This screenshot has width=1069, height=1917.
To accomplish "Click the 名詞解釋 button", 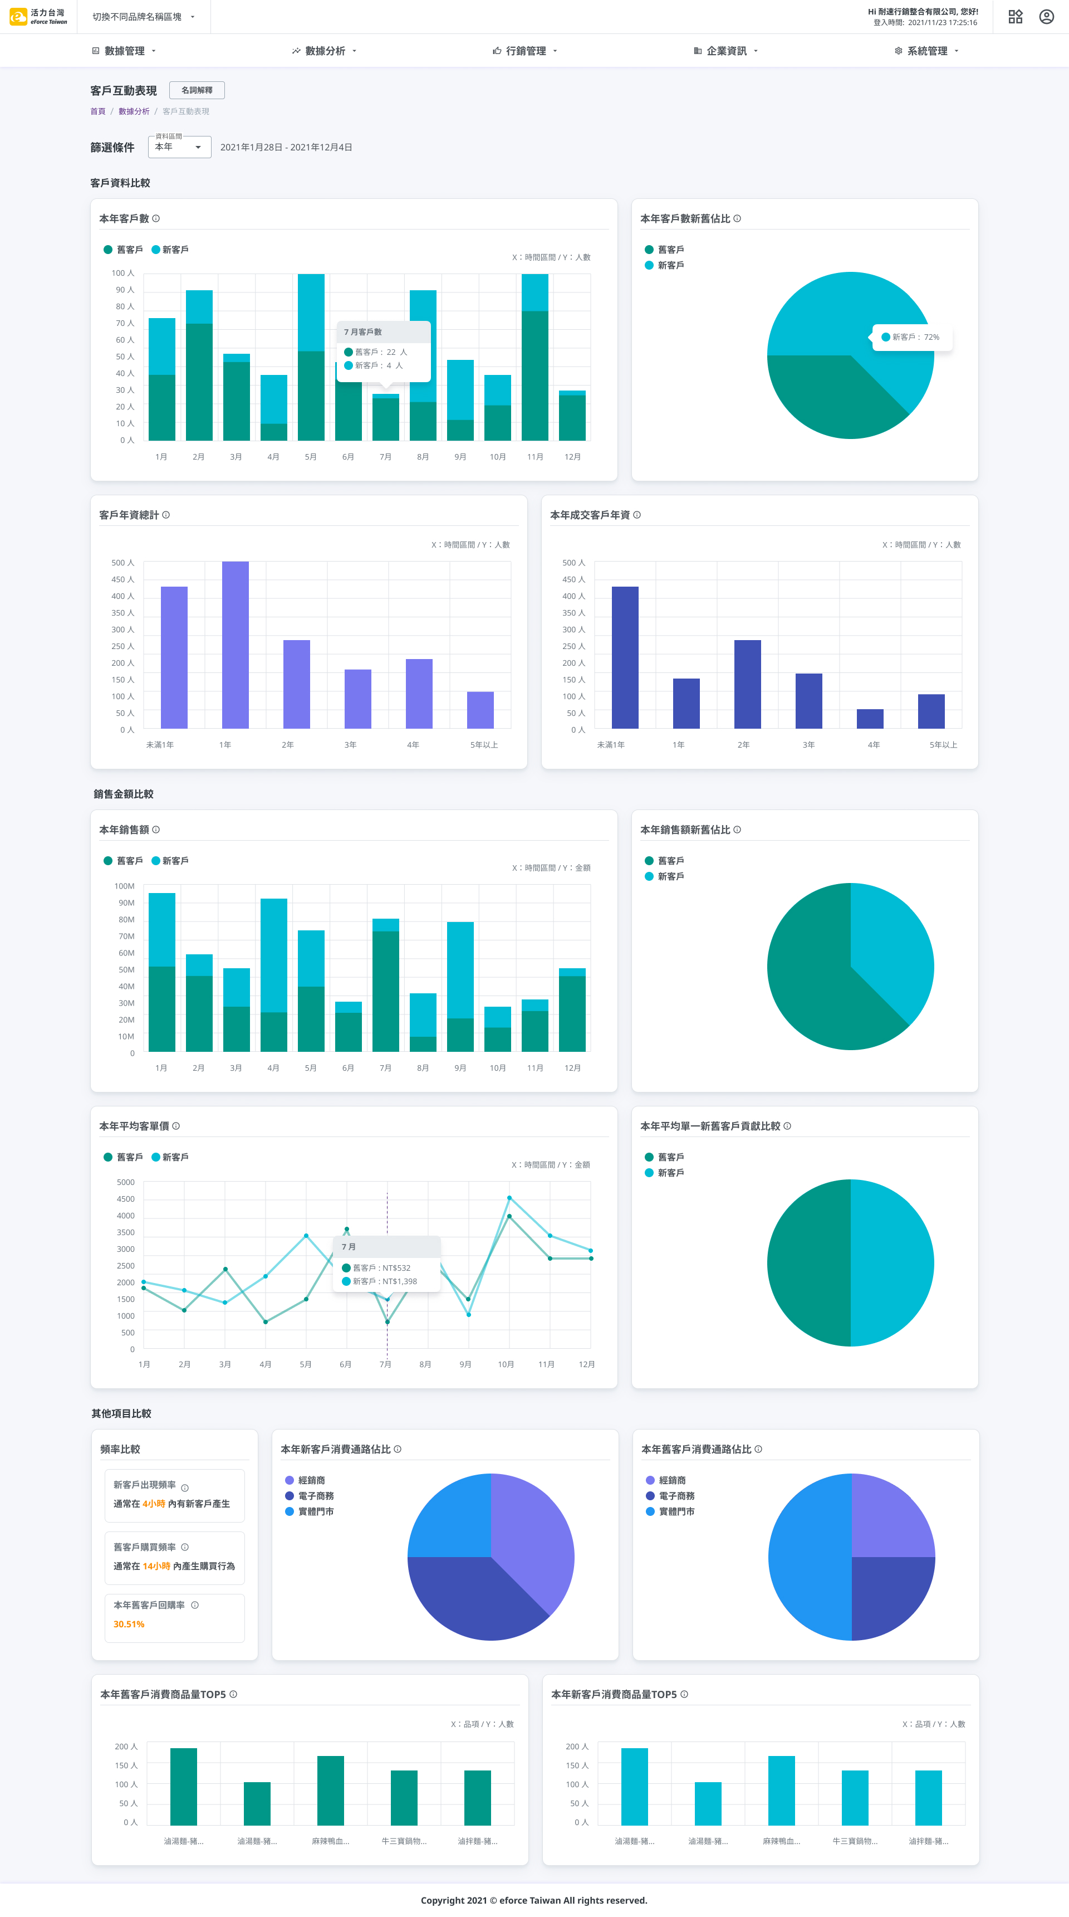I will coord(197,90).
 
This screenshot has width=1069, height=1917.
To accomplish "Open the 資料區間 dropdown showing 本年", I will coord(179,147).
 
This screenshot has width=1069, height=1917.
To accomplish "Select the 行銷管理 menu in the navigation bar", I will coord(525,51).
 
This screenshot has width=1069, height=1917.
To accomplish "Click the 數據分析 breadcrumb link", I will coord(134,111).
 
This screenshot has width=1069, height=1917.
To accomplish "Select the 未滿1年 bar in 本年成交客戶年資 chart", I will coord(625,657).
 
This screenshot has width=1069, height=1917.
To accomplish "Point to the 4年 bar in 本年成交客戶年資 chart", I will coord(870,718).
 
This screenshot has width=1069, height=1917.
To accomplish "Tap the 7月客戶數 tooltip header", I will coord(363,332).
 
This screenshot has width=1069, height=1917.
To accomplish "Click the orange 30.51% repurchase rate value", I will coord(129,1624).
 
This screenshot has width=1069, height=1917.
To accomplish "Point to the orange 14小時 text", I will coord(156,1566).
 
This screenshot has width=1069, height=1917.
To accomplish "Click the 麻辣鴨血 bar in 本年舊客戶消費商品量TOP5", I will coord(330,1790).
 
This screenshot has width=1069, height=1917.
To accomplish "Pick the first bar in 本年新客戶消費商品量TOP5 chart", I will coord(634,1786).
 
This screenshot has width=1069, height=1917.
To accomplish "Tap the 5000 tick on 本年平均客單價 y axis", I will coord(126,1182).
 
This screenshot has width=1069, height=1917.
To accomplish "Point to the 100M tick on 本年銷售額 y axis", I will coord(124,886).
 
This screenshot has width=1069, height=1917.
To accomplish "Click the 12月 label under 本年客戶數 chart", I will coord(572,457).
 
